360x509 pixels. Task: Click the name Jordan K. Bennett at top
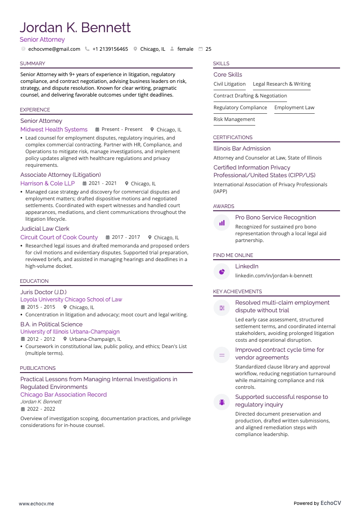pyautogui.click(x=75, y=28)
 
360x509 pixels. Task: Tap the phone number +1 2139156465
pyautogui.click(x=110, y=49)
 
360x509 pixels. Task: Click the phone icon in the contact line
pyautogui.click(x=87, y=49)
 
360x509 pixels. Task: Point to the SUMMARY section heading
pyautogui.click(x=33, y=63)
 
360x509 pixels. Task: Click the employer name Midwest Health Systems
pyautogui.click(x=54, y=129)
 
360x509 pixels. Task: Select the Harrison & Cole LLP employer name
pyautogui.click(x=48, y=183)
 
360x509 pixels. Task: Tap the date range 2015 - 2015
pyautogui.click(x=41, y=307)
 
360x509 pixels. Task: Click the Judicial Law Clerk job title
pyautogui.click(x=45, y=228)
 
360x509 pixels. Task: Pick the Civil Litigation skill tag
pyautogui.click(x=229, y=84)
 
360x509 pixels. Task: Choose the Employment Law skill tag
pyautogui.click(x=294, y=107)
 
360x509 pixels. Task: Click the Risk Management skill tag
pyautogui.click(x=234, y=119)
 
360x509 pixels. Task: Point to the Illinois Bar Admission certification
pyautogui.click(x=242, y=148)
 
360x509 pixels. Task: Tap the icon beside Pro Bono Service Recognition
pyautogui.click(x=222, y=223)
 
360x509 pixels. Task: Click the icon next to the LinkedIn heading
pyautogui.click(x=222, y=271)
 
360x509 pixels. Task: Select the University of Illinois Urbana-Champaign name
pyautogui.click(x=70, y=331)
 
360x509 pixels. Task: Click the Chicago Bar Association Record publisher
pyautogui.click(x=63, y=394)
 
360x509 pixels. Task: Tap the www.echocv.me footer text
pyautogui.click(x=36, y=503)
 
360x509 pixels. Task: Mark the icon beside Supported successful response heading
pyautogui.click(x=222, y=402)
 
